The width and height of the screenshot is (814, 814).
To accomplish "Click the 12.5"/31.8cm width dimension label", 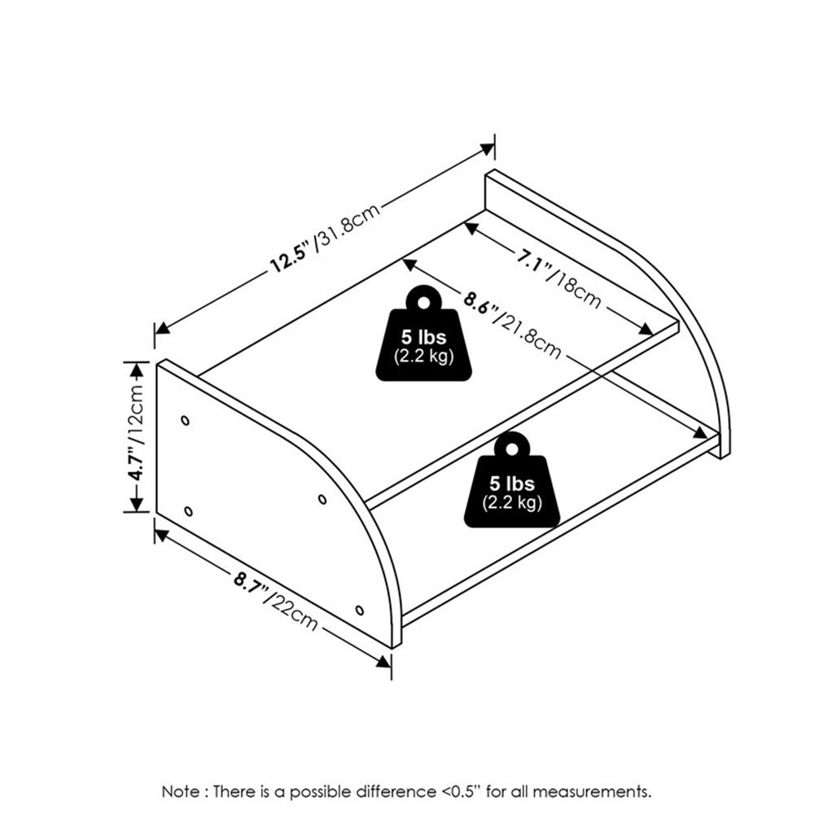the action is (x=326, y=237).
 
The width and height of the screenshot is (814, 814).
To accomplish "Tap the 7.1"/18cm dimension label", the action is (x=558, y=278).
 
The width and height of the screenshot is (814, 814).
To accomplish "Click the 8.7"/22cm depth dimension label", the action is (x=275, y=601).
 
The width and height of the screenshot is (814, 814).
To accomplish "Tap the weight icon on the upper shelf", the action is (x=423, y=333).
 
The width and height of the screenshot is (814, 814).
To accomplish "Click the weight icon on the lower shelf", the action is (x=512, y=479).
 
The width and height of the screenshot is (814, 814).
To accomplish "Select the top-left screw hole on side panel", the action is (x=186, y=421).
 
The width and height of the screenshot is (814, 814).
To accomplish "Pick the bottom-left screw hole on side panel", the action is (x=189, y=511).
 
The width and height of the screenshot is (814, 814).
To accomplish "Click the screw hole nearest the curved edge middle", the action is (x=322, y=500).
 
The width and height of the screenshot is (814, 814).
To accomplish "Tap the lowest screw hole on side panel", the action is (x=359, y=610).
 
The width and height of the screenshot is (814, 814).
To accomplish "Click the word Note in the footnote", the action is (x=180, y=792).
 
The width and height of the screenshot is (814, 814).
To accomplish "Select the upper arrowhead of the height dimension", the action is (x=136, y=370).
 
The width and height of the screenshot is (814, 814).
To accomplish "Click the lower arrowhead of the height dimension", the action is (x=136, y=505).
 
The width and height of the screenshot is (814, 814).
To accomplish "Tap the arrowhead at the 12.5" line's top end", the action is (x=487, y=150).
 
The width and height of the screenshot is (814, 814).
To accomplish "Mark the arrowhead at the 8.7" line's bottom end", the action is (x=383, y=661).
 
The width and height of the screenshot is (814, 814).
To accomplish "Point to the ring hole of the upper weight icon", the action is (x=423, y=303).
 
